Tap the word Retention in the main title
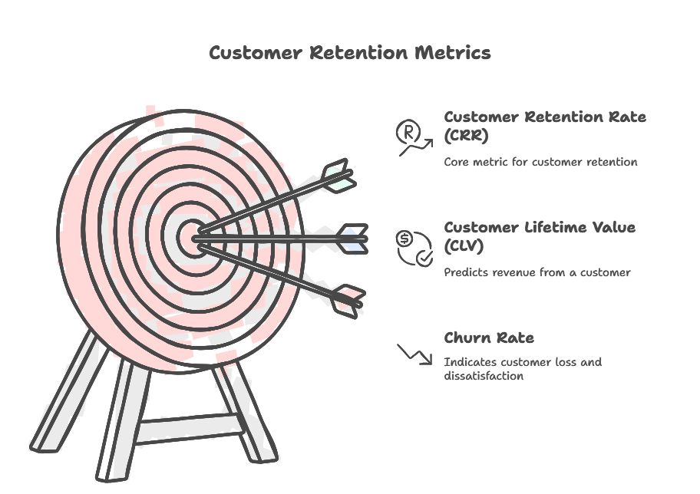(360, 52)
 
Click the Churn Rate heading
(489, 338)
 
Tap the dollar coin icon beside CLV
(404, 239)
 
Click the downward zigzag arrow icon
(414, 354)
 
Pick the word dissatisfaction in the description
(484, 376)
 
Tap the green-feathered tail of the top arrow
(338, 176)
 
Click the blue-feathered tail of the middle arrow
(352, 238)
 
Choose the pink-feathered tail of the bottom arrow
(346, 300)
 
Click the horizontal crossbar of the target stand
(188, 426)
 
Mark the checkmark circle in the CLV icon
(424, 259)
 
